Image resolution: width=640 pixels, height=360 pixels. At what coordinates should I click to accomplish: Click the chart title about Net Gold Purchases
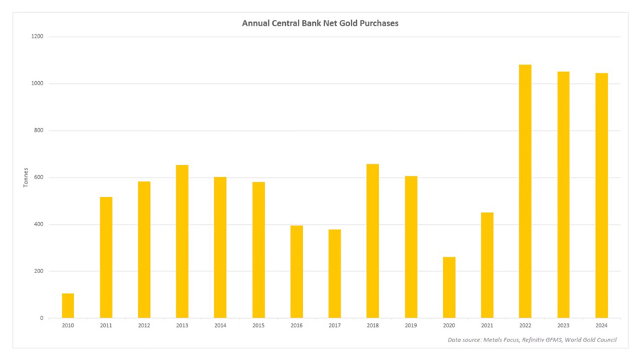coord(320,23)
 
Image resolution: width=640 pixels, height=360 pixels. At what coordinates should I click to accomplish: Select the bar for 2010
coord(68,306)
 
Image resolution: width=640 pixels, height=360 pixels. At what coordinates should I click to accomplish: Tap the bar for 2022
coord(525,191)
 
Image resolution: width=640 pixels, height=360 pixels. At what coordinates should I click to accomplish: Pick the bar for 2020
coord(449,287)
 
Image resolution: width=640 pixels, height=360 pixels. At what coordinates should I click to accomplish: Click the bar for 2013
coord(182,242)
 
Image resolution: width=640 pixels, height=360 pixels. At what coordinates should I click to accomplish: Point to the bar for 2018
coord(373,241)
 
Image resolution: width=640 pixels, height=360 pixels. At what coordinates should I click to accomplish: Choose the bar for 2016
coord(297,272)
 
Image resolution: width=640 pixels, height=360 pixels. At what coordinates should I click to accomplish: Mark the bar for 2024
coord(601,196)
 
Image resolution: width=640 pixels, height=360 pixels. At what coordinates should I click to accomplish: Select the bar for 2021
coord(487,265)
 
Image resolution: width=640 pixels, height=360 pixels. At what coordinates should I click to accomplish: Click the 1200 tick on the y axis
coord(36,36)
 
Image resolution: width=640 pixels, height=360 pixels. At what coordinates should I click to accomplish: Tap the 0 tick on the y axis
coord(41,318)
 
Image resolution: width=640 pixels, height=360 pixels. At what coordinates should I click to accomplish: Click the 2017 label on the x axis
coord(334,326)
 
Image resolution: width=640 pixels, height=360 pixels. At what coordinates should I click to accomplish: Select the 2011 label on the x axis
coord(106,326)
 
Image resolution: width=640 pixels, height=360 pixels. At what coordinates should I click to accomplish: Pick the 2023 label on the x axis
coord(563,326)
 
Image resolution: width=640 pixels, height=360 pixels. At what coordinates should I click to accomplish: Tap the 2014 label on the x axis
coord(220,326)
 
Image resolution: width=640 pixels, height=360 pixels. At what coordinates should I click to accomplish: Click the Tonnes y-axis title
coord(26,177)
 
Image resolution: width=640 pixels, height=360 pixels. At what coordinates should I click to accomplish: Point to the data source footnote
coord(532,339)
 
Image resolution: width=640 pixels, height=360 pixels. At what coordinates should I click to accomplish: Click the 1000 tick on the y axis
coord(36,83)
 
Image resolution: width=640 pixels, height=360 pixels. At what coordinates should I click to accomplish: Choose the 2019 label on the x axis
coord(411,326)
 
